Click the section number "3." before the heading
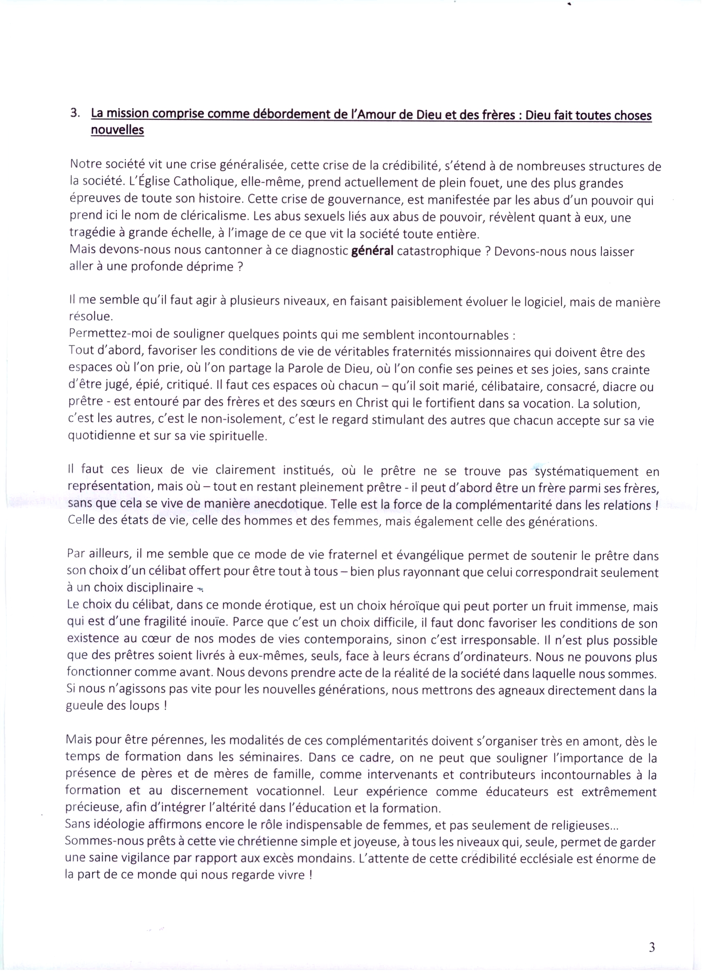click(75, 113)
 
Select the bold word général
click(372, 251)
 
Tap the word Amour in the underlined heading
click(376, 115)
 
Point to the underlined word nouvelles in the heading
click(117, 130)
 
